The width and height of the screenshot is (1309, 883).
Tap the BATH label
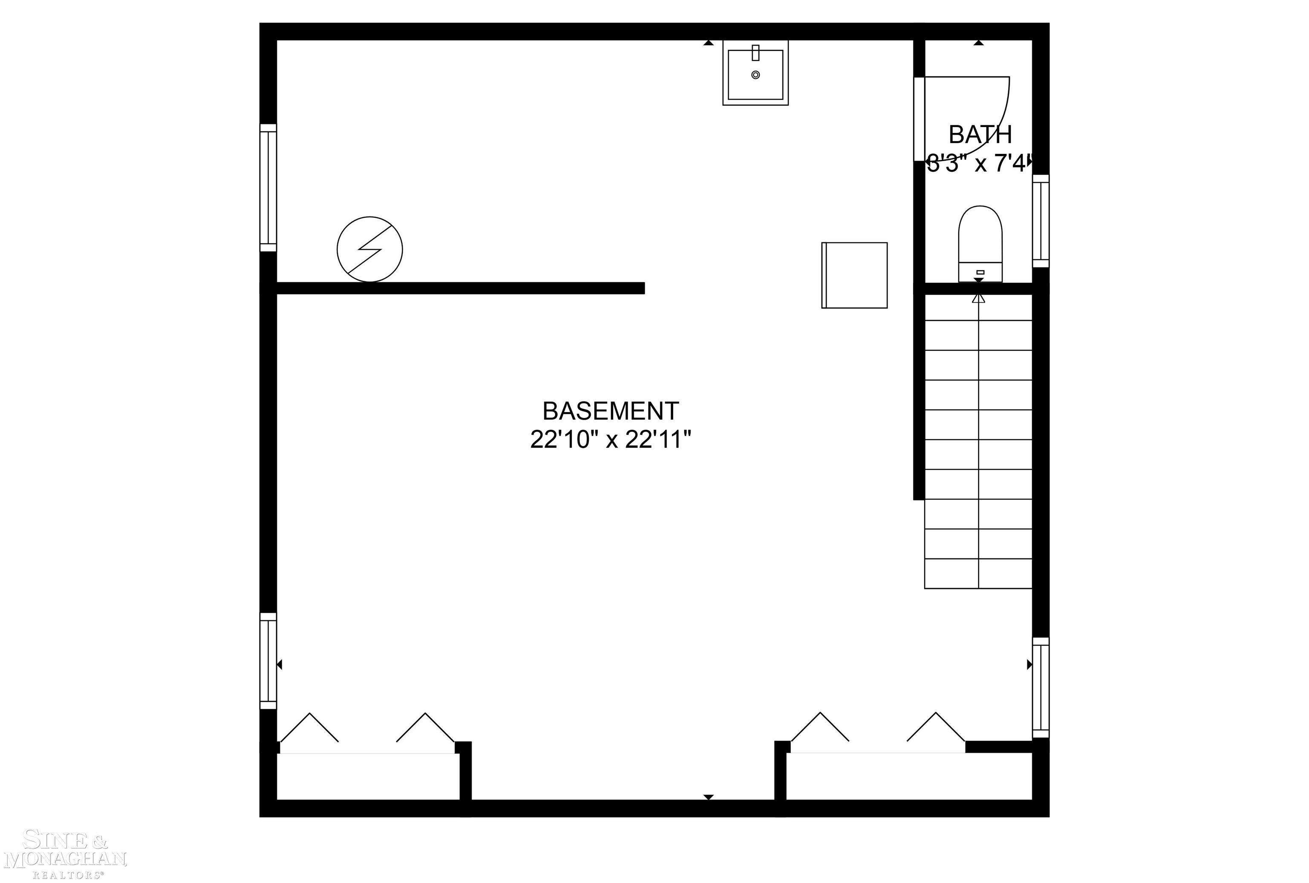(x=980, y=135)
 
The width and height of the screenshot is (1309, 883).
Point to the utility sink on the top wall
(x=755, y=73)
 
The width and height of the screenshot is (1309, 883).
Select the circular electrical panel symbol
(x=369, y=249)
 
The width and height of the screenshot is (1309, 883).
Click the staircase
(x=978, y=439)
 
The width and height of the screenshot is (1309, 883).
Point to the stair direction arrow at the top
(x=978, y=298)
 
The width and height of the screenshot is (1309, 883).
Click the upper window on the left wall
(x=268, y=188)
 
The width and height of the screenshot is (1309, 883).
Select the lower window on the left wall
(x=268, y=661)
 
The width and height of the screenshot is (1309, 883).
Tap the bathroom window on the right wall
(x=1041, y=221)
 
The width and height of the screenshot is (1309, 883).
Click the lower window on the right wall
(x=1041, y=687)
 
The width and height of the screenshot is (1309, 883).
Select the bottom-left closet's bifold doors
(x=367, y=732)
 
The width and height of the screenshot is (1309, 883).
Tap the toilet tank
(x=980, y=272)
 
